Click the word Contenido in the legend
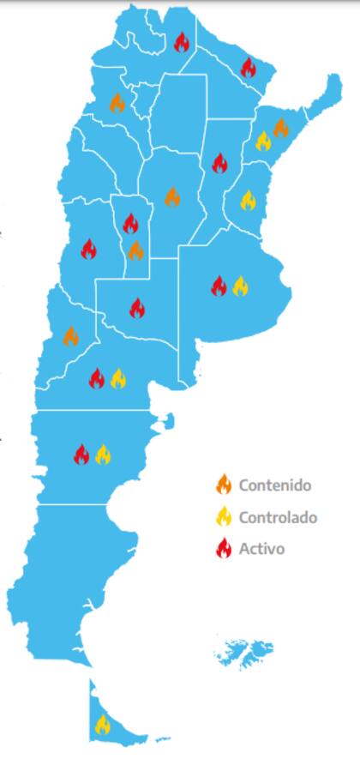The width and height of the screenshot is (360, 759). (x=274, y=485)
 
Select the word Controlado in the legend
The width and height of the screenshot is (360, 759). (x=278, y=517)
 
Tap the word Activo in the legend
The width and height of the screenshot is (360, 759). (x=261, y=549)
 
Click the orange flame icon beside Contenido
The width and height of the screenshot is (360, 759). (x=224, y=485)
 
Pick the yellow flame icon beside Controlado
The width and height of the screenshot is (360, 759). (x=224, y=516)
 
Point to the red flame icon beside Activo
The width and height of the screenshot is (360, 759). (x=224, y=549)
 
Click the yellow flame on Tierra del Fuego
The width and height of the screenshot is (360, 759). (x=102, y=725)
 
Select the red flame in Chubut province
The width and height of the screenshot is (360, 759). (x=81, y=455)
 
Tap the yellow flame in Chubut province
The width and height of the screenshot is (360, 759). (x=103, y=455)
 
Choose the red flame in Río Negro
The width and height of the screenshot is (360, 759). (x=97, y=378)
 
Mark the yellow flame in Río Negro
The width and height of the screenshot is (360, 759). (x=118, y=378)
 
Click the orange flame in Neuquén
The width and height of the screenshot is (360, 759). (x=71, y=336)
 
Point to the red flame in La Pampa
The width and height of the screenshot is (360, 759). (x=137, y=308)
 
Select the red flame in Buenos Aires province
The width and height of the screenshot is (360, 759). (x=219, y=286)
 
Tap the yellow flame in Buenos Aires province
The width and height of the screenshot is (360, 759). (x=240, y=286)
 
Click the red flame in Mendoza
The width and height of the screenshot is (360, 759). (x=88, y=250)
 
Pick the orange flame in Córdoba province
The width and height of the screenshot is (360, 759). (x=172, y=196)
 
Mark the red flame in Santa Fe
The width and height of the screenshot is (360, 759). (x=219, y=163)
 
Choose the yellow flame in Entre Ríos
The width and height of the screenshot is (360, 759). (x=248, y=201)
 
